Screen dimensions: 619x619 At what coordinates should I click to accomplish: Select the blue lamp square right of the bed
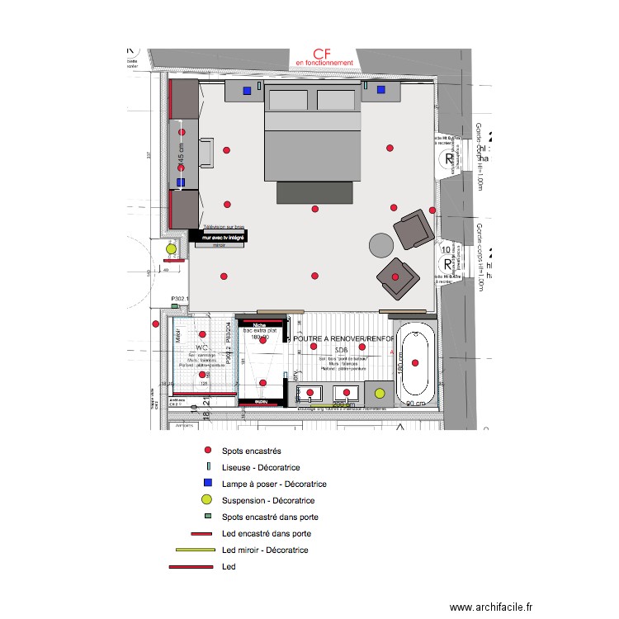[x=381, y=90]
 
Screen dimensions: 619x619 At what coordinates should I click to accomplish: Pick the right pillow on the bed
[x=337, y=100]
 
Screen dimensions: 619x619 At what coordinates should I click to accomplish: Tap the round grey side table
[x=380, y=245]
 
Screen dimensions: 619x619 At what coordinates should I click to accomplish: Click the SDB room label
[x=342, y=350]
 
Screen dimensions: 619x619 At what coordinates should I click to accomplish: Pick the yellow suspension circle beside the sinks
[x=380, y=395]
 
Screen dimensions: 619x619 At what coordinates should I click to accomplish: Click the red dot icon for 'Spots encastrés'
[x=207, y=451]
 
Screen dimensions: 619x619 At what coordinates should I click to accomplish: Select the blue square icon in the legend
[x=207, y=483]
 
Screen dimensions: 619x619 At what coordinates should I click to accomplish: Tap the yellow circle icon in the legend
[x=207, y=499]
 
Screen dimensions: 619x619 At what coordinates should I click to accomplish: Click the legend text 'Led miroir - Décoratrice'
[x=265, y=550]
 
